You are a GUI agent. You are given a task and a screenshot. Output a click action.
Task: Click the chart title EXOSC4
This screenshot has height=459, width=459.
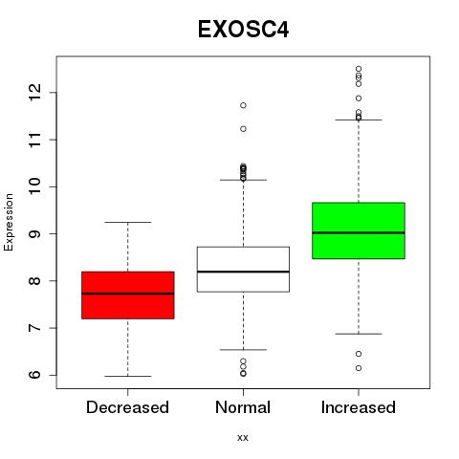click(243, 30)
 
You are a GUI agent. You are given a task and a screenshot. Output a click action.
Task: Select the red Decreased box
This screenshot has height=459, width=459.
click(128, 295)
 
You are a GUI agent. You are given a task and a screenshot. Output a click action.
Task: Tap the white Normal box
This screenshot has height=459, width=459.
click(243, 270)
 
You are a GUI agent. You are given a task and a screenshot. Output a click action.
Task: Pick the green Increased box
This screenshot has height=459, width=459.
click(359, 230)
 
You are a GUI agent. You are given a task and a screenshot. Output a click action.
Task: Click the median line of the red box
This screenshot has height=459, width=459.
click(128, 294)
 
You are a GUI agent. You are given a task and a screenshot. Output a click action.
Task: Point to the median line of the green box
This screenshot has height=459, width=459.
click(359, 232)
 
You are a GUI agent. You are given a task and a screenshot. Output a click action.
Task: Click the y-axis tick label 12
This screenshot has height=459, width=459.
click(35, 93)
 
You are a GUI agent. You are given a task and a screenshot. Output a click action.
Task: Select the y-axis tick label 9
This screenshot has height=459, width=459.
click(35, 233)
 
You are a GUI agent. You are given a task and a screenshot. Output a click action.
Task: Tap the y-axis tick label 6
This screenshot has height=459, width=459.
click(35, 375)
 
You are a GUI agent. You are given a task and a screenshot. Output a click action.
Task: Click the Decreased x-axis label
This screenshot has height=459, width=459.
click(127, 407)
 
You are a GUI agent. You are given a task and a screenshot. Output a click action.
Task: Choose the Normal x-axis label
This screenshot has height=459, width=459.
click(243, 407)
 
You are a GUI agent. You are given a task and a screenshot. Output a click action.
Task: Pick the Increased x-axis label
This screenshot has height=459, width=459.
click(359, 407)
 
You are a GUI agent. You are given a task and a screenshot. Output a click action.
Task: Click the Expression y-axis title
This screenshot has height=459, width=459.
click(9, 222)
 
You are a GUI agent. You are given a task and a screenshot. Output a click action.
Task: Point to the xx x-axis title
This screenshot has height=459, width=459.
click(243, 438)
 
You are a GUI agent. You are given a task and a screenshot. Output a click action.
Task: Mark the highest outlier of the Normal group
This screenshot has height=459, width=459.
click(243, 105)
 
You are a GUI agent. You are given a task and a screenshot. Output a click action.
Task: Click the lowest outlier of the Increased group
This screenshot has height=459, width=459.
click(359, 368)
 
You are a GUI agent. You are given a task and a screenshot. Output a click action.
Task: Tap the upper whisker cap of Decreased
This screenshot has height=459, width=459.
click(128, 222)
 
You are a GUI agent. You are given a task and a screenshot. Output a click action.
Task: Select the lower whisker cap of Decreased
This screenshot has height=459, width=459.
click(128, 376)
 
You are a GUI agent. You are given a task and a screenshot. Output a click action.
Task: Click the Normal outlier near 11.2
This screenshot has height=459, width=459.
click(243, 129)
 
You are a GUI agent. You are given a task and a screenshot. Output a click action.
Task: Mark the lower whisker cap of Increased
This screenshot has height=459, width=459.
click(359, 334)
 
